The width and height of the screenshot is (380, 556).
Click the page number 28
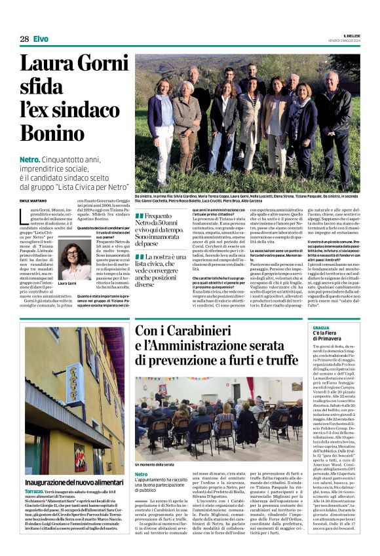click(x=24, y=39)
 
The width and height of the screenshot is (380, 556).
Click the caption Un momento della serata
click(x=155, y=464)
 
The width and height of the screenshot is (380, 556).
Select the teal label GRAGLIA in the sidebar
click(x=321, y=327)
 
